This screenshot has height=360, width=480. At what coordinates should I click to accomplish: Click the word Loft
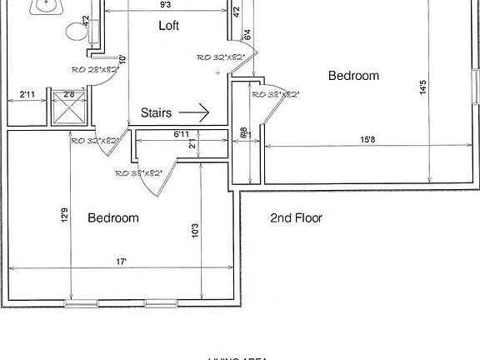(x=169, y=26)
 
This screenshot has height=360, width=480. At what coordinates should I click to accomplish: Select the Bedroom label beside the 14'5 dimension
(x=353, y=76)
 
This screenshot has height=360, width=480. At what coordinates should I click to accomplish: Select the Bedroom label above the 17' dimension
(x=113, y=217)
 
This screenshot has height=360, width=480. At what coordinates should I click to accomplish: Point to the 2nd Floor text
(x=296, y=218)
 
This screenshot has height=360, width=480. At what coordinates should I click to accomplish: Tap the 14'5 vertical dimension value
(x=424, y=87)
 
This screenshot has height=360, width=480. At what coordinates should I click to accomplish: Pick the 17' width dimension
(x=122, y=262)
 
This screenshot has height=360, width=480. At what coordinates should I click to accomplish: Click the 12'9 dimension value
(x=64, y=216)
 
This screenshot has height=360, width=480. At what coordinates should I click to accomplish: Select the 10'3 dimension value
(x=194, y=229)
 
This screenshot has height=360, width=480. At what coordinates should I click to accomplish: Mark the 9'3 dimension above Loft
(x=166, y=6)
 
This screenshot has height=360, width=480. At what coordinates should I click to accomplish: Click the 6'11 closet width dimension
(x=182, y=133)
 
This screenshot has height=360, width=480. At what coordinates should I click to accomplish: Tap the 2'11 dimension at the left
(x=27, y=96)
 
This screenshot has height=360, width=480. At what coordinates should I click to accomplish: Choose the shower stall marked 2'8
(x=67, y=107)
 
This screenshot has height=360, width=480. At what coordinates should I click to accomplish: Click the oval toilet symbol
(x=77, y=33)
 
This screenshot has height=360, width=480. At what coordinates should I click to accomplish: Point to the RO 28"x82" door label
(x=94, y=70)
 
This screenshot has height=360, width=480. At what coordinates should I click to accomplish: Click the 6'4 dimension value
(x=247, y=36)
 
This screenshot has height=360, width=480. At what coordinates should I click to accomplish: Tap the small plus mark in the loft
(x=217, y=73)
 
